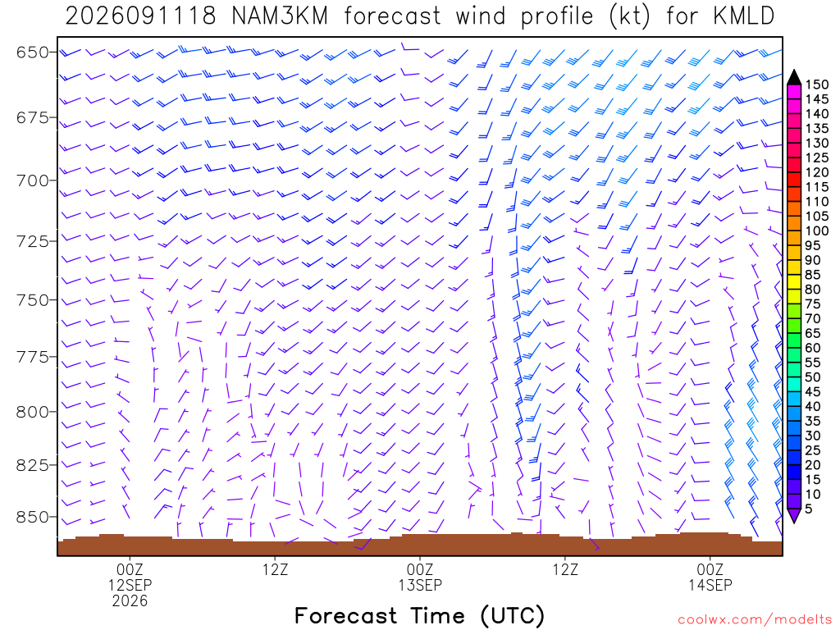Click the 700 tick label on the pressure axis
(x=32, y=180)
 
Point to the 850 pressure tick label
(x=32, y=517)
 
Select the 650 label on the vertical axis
(x=32, y=52)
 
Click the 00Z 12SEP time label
(x=130, y=577)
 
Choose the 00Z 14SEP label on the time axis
(x=710, y=577)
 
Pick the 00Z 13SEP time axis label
(x=420, y=577)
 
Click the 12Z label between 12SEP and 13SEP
(x=276, y=569)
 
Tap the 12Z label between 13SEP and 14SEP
(x=566, y=569)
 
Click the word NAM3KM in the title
(x=280, y=16)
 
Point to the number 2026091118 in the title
(x=140, y=16)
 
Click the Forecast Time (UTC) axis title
(x=419, y=615)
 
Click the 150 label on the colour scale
(x=817, y=84)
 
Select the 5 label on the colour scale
(x=809, y=509)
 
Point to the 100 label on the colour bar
(x=817, y=231)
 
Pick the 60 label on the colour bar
(x=813, y=348)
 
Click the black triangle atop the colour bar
(x=794, y=77)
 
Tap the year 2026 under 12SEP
(x=130, y=600)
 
